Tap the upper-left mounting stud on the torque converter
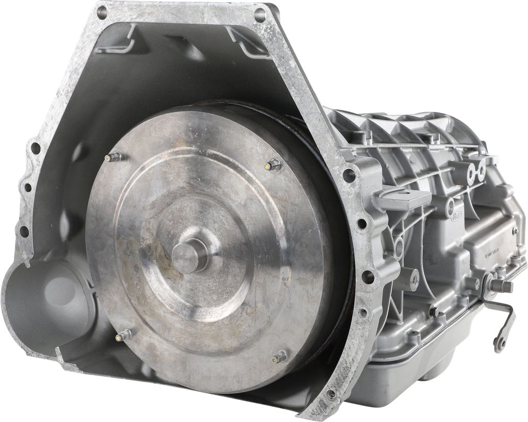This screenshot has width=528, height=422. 113,157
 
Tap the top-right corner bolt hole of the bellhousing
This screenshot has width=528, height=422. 260,15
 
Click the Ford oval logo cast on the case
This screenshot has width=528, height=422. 456,216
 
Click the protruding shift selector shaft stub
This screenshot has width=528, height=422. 503,286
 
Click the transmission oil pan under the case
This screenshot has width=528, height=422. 412,376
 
